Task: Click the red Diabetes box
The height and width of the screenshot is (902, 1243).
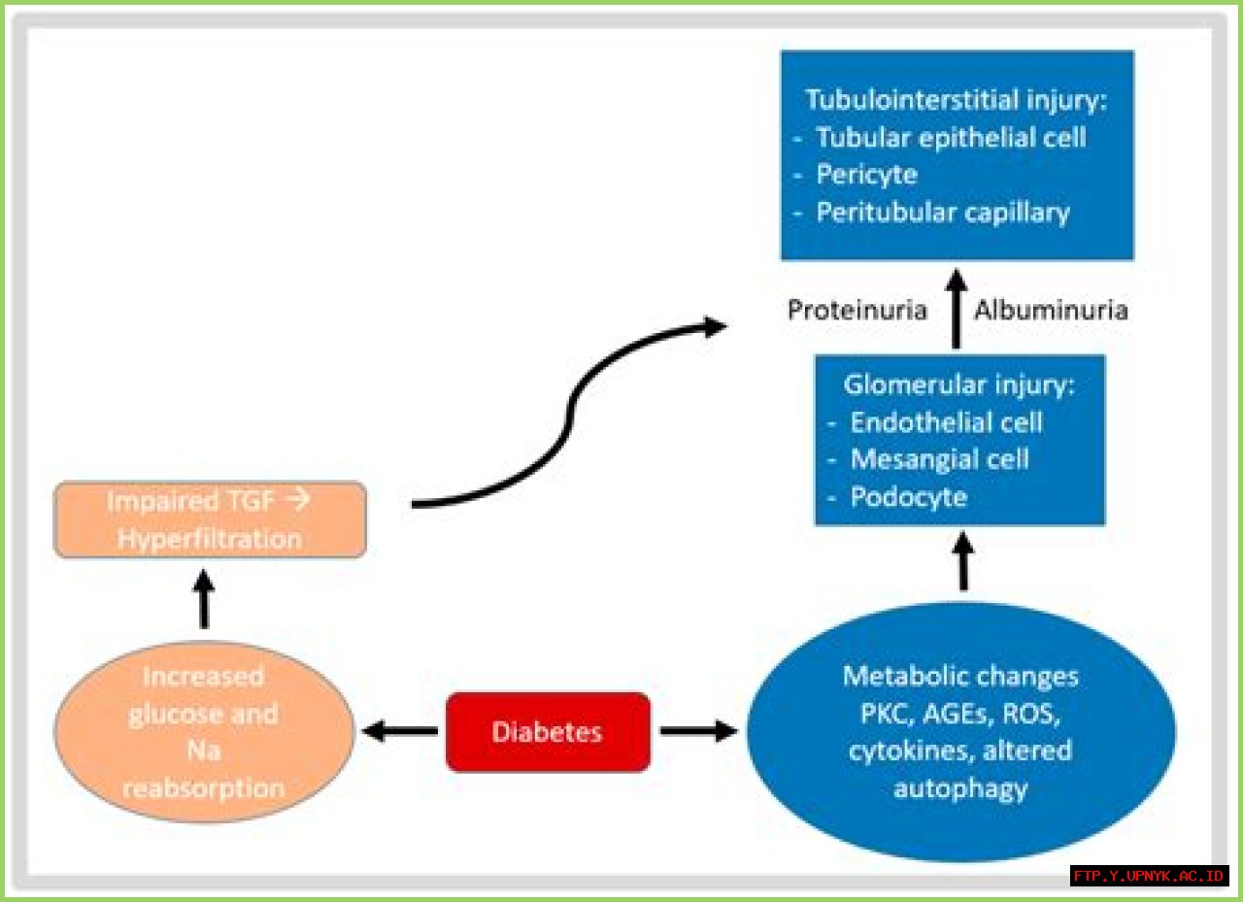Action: point(548,732)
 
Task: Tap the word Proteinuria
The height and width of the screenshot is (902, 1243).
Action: point(857,310)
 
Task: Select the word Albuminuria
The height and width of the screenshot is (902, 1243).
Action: point(1051,310)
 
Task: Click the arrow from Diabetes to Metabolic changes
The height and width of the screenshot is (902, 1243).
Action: point(698,731)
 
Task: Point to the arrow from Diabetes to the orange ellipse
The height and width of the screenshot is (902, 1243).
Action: point(399,731)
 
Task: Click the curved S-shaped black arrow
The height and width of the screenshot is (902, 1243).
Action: point(570,414)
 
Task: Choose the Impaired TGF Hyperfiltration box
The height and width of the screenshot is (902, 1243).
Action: point(210,519)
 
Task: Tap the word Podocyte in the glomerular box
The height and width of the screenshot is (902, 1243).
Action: point(908,497)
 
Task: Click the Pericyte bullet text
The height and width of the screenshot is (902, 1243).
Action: point(867,175)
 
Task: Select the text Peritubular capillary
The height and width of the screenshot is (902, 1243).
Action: point(943,213)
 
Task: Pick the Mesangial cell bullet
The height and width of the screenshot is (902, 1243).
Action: point(939,459)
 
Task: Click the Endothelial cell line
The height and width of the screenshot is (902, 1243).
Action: point(946,422)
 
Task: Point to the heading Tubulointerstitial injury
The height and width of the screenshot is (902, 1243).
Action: point(956,100)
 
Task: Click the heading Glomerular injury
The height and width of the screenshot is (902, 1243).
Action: point(958,385)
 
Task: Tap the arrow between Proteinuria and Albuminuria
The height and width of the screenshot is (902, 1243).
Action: point(956,309)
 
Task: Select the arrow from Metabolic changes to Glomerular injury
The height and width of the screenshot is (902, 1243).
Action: point(963,561)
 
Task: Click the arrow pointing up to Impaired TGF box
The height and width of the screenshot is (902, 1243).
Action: point(204,598)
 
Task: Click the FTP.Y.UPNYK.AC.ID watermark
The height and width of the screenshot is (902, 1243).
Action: point(1149,876)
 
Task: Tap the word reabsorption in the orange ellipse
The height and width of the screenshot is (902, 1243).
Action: point(204,788)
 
